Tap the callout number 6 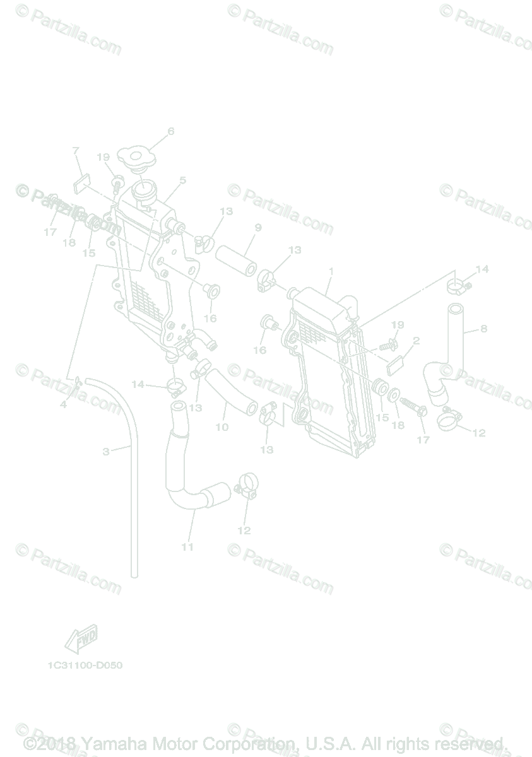(x=170, y=132)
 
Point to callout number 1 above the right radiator (x=331, y=271)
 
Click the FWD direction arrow (x=81, y=640)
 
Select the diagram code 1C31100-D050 (x=84, y=666)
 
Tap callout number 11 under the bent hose (x=187, y=547)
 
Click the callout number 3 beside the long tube (x=106, y=451)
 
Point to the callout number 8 (x=483, y=328)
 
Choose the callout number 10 (x=222, y=427)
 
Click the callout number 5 (x=182, y=180)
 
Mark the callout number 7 (x=76, y=151)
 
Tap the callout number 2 (x=416, y=341)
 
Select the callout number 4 (x=63, y=404)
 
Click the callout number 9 (x=258, y=227)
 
